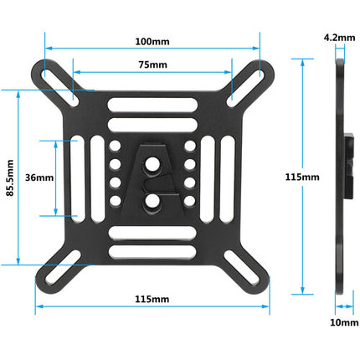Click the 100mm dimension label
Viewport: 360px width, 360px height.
pos(151,41)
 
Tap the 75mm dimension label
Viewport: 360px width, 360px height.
pos(152,65)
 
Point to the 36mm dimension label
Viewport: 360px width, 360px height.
pos(39,177)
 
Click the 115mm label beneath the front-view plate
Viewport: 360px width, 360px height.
pos(152,299)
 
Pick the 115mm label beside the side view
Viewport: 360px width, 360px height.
pos(302,177)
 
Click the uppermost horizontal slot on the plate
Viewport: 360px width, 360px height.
pos(152,105)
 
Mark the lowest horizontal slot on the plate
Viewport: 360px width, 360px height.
pos(152,249)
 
